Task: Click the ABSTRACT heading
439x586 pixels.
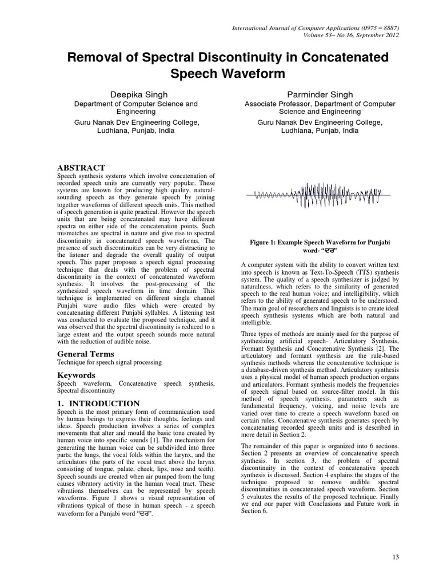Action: tap(81, 167)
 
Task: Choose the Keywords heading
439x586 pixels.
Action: tap(76, 375)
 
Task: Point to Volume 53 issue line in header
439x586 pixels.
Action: tap(351, 35)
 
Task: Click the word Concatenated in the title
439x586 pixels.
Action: tap(338, 58)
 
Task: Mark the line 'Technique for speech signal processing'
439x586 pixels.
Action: tap(109, 363)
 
